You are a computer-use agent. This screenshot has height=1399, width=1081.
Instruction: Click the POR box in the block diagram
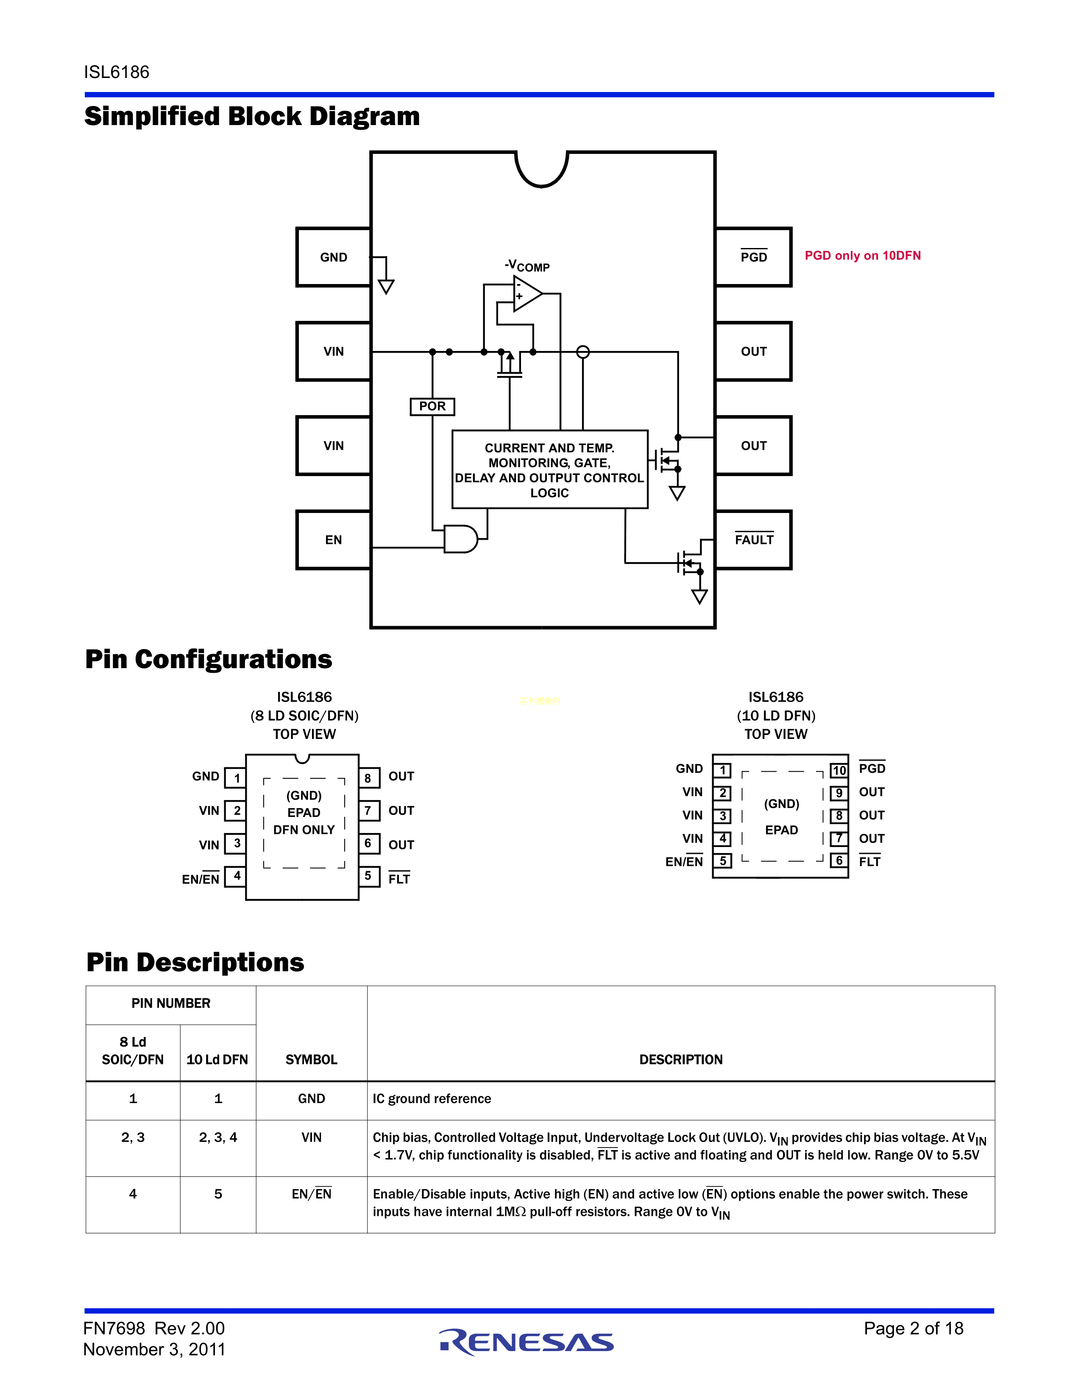click(432, 406)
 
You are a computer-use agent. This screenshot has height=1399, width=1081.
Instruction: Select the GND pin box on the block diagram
click(333, 257)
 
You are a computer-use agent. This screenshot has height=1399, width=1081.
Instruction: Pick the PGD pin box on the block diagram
click(753, 257)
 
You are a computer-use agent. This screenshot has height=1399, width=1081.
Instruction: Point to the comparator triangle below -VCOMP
click(527, 294)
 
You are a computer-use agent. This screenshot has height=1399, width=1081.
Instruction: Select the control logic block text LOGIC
click(549, 493)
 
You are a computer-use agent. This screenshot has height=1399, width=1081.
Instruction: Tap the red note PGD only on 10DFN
click(862, 256)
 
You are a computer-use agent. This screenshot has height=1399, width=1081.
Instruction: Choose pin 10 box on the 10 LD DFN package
click(839, 770)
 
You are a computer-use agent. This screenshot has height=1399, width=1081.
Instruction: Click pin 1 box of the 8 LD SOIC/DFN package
click(236, 778)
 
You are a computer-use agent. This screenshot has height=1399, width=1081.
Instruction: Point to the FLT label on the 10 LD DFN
click(869, 861)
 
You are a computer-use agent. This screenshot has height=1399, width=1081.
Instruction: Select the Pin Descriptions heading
click(195, 962)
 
